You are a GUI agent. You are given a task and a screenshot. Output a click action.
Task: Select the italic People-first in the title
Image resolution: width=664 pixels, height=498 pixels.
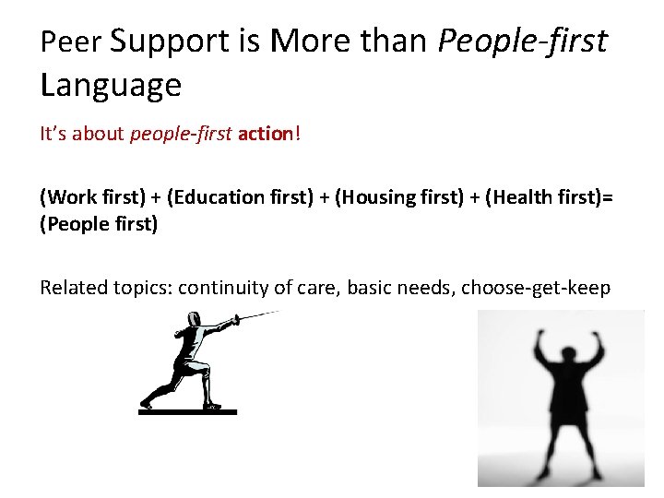pos(522,42)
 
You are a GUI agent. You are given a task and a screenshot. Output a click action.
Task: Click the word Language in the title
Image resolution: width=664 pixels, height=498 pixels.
pos(111,86)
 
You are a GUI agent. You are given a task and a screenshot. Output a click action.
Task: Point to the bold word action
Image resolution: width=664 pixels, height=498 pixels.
pos(265,135)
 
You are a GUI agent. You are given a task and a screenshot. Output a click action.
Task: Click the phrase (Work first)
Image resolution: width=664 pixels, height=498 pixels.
pos(89,196)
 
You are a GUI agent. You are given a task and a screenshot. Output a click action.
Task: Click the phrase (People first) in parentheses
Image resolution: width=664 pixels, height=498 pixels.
pos(99,224)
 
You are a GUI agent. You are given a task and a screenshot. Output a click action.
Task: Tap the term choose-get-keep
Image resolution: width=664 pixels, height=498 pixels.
pos(535,287)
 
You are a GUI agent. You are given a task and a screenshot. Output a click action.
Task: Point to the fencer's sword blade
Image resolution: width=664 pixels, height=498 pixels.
pos(259,315)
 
